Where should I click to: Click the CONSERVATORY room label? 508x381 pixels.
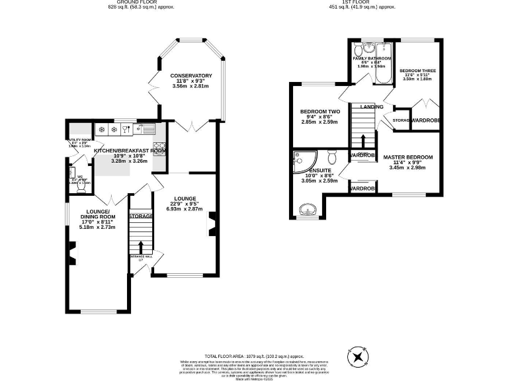pyautogui.click(x=190, y=75)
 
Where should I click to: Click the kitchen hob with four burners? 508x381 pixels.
pyautogui.click(x=159, y=146)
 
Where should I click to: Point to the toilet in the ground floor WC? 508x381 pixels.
pyautogui.click(x=80, y=186)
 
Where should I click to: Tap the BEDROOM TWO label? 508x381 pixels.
pyautogui.click(x=319, y=112)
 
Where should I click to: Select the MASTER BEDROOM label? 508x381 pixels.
pyautogui.click(x=407, y=157)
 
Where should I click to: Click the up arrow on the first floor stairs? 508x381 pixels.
pyautogui.click(x=362, y=141)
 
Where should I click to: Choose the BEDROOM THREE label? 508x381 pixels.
pyautogui.click(x=417, y=70)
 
